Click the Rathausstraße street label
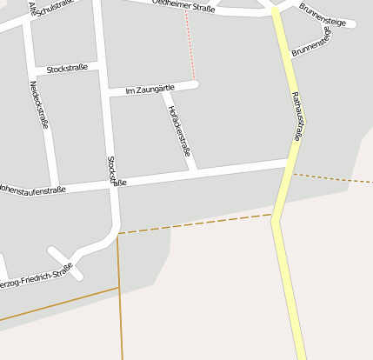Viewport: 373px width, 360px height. point(296,117)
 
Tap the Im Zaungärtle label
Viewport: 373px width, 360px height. point(150,89)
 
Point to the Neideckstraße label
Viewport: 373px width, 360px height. point(38,105)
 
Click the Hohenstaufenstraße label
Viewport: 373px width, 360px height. point(32,189)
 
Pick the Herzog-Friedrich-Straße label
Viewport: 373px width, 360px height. point(35,278)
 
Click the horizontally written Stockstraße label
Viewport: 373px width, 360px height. point(67,68)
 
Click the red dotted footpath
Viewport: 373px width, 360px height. point(190,48)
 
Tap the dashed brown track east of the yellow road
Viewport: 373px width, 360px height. point(335,178)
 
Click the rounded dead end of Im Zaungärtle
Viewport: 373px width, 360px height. point(196,84)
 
